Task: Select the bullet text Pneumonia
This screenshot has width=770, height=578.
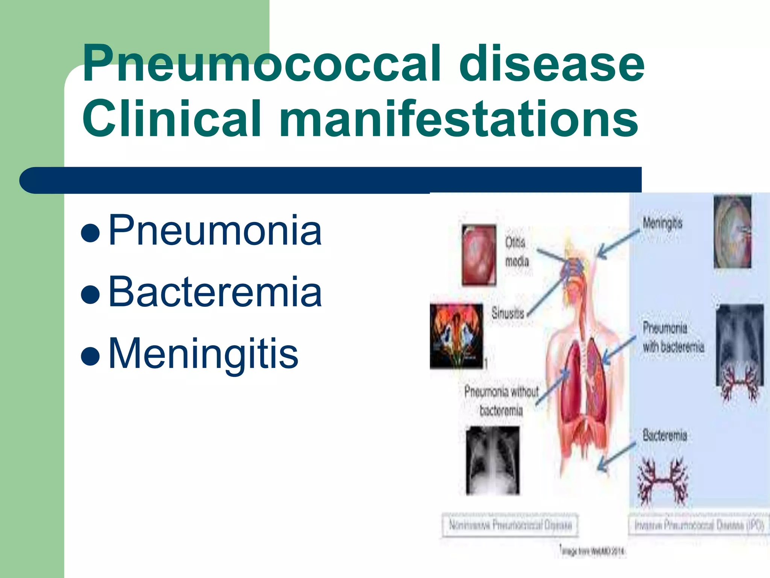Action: pos(215,230)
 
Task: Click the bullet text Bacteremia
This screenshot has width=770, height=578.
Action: pos(215,292)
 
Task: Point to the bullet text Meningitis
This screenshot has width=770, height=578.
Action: pos(203,354)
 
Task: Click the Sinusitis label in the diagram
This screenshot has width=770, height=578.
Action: pos(508,313)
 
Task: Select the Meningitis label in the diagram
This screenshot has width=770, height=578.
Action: pos(662,223)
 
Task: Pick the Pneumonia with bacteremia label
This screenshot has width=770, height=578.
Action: pos(673,337)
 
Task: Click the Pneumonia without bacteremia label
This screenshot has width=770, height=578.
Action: pos(501,401)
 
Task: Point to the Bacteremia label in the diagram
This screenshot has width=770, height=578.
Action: pos(664,435)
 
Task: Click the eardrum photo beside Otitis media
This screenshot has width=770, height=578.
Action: pos(479,254)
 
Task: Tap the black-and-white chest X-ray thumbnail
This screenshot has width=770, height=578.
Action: pos(493,460)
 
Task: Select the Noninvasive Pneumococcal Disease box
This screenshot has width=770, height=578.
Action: pos(510,525)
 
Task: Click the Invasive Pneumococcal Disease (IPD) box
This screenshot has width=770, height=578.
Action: pos(699,525)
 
